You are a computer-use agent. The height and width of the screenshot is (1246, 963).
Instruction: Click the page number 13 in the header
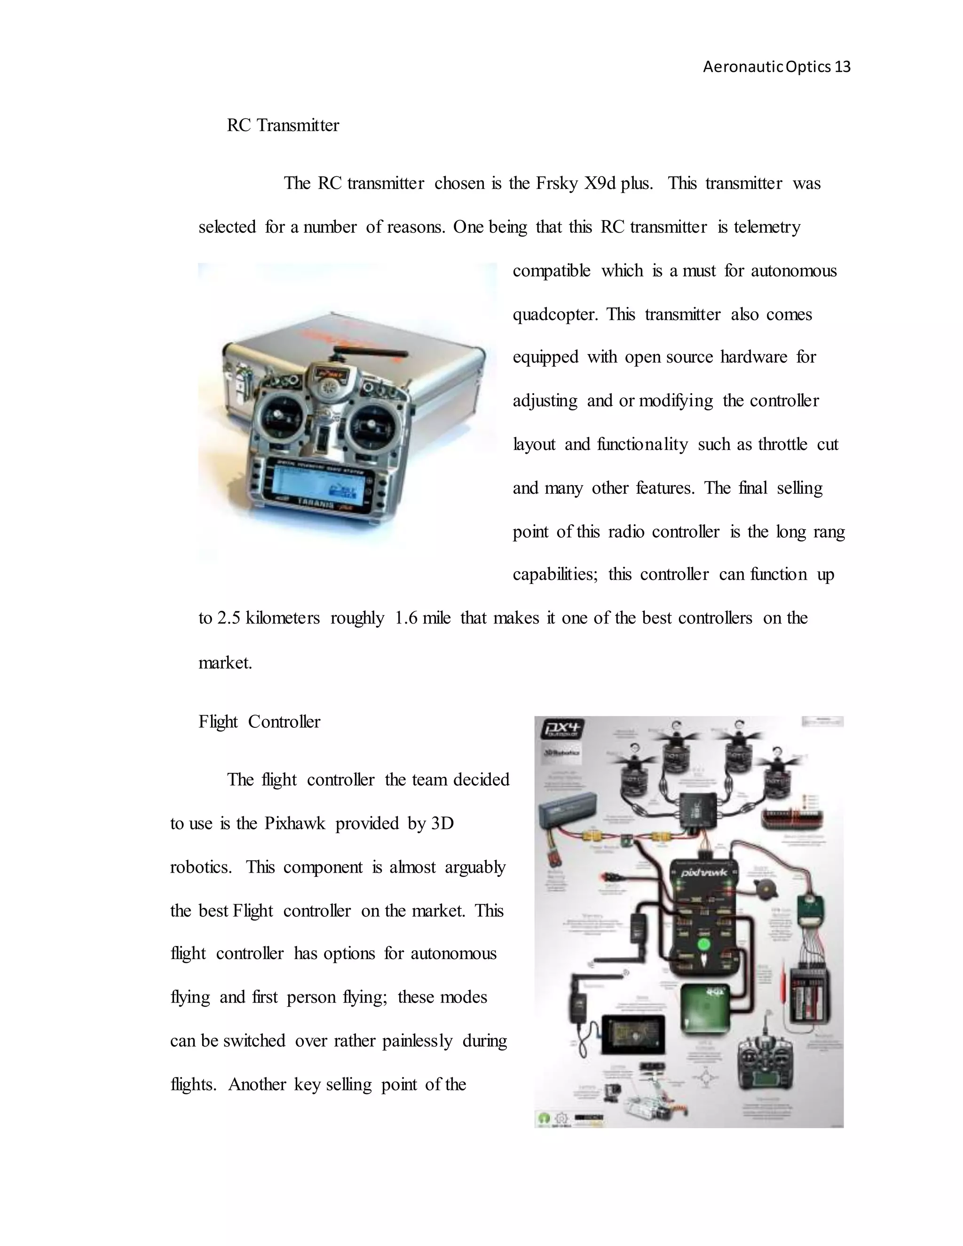pos(842,67)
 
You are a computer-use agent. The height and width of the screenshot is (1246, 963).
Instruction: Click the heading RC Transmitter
pos(283,125)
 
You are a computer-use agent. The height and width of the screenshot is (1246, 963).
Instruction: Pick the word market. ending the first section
pos(225,663)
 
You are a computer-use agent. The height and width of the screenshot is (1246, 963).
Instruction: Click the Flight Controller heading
pos(259,722)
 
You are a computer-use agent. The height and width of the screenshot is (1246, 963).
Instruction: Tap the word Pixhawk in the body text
pos(294,823)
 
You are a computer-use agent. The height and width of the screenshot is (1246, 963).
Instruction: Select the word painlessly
pos(417,1041)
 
